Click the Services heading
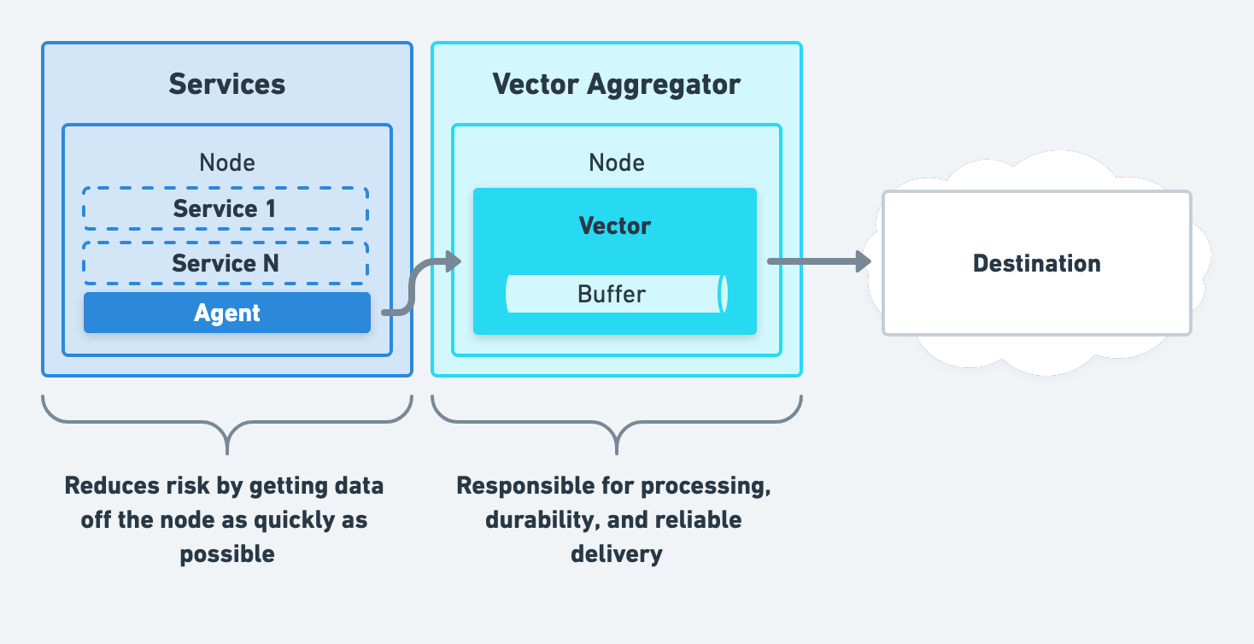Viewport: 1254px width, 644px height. [x=226, y=84]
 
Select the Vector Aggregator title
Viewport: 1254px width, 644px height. [x=616, y=84]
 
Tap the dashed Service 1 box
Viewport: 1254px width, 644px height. [x=226, y=208]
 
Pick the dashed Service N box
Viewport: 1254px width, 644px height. [x=226, y=263]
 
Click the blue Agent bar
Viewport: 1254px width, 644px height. [x=226, y=313]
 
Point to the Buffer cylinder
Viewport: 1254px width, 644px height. [x=615, y=294]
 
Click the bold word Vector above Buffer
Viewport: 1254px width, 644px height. [x=615, y=225]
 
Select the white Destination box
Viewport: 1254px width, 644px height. [x=1036, y=262]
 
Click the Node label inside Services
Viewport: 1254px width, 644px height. [x=226, y=162]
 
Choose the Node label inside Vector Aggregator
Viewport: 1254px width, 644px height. [x=616, y=162]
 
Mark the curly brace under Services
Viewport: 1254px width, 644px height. [x=227, y=422]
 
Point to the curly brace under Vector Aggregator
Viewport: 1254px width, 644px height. [x=616, y=422]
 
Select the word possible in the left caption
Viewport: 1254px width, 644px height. [x=226, y=554]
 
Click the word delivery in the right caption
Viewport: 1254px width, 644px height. [x=616, y=554]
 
